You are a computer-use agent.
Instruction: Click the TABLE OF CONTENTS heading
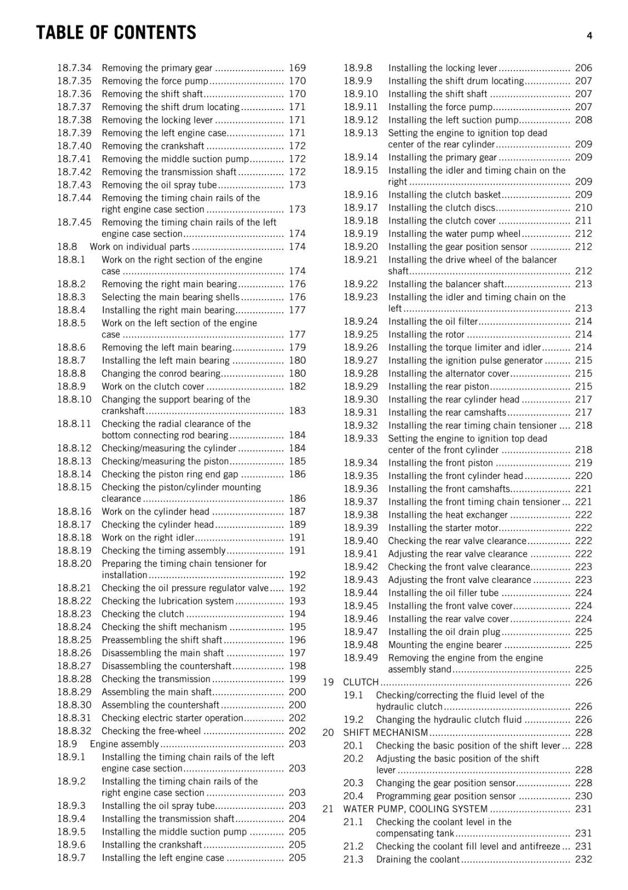pos(116,33)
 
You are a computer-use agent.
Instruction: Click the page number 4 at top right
pos(589,36)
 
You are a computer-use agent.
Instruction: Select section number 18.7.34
pos(74,68)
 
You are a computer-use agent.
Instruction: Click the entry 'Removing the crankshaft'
pos(153,146)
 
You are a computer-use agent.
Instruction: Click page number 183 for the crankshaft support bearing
pos(297,411)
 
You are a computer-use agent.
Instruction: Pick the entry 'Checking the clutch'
pos(143,614)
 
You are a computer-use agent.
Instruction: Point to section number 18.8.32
pos(74,731)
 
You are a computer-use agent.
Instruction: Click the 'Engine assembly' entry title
pos(124,744)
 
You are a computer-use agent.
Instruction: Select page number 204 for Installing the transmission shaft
pos(297,819)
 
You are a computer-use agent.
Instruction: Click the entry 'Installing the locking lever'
pos(442,68)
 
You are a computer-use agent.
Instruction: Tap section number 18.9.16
pos(360,195)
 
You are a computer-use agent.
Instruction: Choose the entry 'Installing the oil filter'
pos(433,322)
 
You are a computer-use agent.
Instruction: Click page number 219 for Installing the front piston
pos(584,463)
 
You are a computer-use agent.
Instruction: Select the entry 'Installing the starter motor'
pos(443,528)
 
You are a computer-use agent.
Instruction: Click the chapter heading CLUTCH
pos(361,683)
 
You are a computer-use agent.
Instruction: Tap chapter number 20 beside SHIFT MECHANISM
pos(328,733)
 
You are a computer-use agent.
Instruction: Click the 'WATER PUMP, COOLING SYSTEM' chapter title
pos(415,809)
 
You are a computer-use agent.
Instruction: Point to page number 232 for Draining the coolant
pos(584,859)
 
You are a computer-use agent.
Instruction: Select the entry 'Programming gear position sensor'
pos(446,796)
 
